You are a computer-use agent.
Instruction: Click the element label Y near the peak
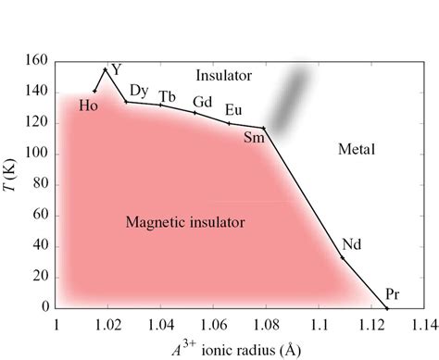[116, 69]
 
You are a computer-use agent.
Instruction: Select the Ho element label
[89, 106]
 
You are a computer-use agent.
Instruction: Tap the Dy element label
[139, 90]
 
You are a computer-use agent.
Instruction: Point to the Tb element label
[168, 96]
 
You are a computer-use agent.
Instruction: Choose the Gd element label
[202, 102]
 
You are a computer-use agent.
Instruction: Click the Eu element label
[234, 110]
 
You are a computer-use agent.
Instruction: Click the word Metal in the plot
[356, 148]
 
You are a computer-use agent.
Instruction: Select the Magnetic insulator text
[185, 222]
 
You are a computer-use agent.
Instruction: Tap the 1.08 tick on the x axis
[267, 325]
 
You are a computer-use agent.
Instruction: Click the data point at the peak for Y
[106, 69]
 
